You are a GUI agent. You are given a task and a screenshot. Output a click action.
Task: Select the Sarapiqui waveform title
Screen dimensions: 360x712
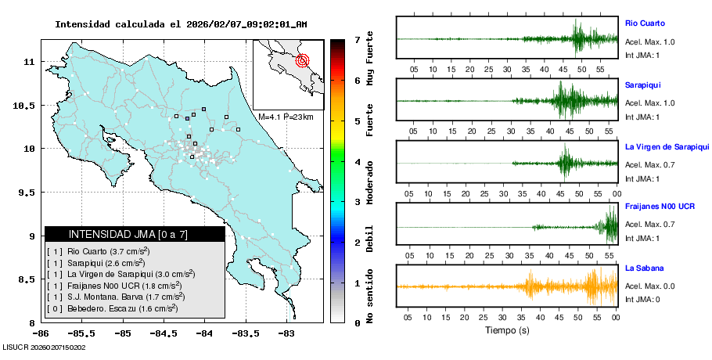tap(642, 84)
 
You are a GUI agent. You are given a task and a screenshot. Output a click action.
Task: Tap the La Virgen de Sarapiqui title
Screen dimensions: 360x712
tap(667, 146)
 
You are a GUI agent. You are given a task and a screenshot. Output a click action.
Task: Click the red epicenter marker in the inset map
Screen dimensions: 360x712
tap(304, 60)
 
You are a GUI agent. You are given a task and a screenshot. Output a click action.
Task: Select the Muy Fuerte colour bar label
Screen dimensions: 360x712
tap(370, 60)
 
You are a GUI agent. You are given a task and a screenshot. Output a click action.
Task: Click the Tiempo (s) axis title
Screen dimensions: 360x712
tap(507, 330)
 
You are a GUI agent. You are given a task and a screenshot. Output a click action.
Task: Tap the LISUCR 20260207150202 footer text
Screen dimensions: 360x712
tap(44, 347)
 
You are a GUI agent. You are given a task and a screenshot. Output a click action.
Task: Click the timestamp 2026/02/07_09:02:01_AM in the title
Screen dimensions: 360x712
tap(246, 24)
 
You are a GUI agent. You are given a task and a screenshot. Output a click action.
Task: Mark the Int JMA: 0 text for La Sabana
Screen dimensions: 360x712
tap(642, 300)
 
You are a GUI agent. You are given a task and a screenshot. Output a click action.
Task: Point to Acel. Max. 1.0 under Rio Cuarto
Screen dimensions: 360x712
tap(649, 41)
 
